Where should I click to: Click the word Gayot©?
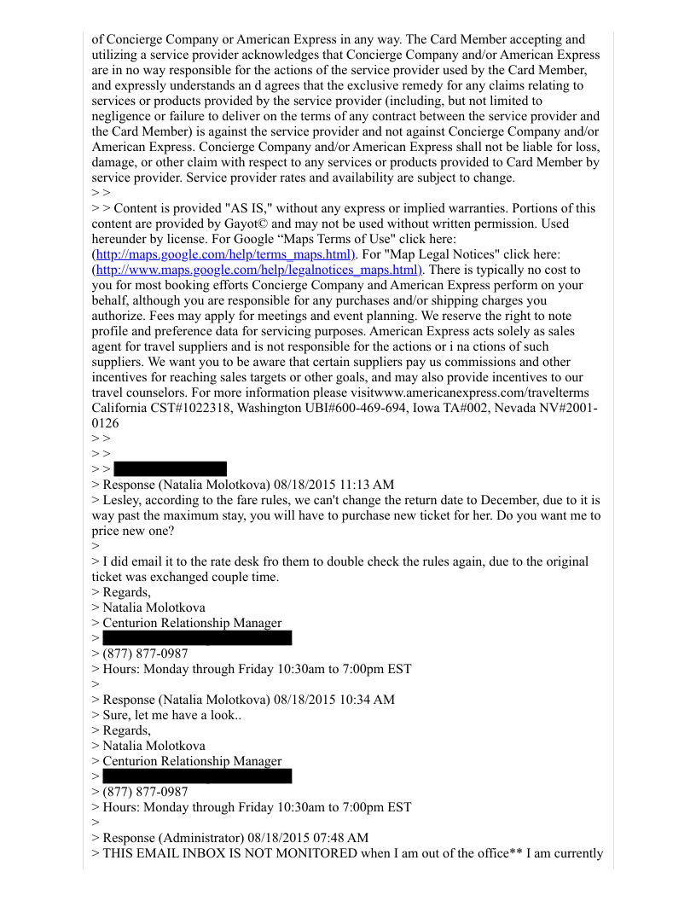(263, 224)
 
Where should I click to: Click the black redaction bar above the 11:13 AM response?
(170, 468)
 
